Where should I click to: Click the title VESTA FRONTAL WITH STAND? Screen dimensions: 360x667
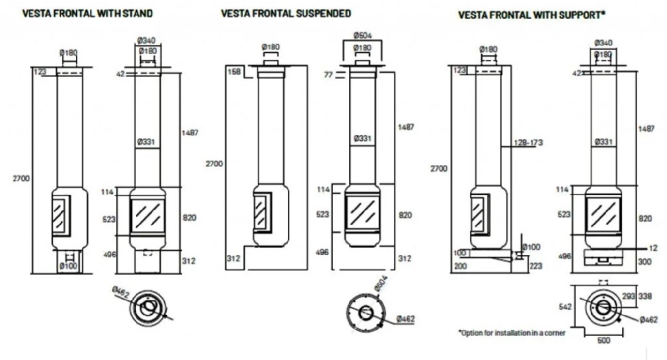pos(88,14)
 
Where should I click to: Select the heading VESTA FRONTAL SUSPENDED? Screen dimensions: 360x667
pos(286,14)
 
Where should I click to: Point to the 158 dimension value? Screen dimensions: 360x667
pos(234,72)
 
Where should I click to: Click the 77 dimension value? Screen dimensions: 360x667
pos(329,75)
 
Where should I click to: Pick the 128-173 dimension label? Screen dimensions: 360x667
pos(529,143)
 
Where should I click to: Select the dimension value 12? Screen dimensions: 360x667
pos(653,248)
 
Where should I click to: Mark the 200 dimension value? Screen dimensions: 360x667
pos(461,265)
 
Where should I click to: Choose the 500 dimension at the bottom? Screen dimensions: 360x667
pos(604,340)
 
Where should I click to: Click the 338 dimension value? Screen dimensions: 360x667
pos(646,296)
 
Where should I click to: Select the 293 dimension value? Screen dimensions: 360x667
pos(628,296)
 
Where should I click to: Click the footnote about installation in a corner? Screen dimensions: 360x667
pos(512,333)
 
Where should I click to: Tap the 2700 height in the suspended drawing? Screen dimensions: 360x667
pos(214,164)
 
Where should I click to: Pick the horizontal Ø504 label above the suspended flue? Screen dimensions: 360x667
pos(363,36)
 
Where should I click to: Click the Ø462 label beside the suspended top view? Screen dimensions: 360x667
pos(406,319)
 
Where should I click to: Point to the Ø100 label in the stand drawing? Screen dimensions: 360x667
pos(68,265)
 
